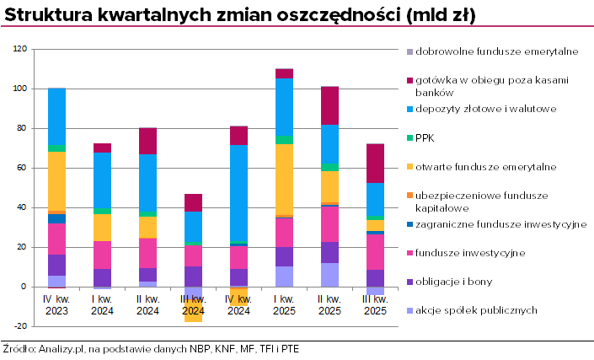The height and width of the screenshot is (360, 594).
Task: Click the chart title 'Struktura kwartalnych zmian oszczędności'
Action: click(x=240, y=16)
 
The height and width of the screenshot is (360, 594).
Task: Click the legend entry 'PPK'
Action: click(x=425, y=138)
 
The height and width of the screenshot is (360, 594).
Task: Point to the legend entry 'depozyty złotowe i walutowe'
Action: click(x=486, y=109)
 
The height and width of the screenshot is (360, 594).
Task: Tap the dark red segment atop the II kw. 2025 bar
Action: click(x=329, y=105)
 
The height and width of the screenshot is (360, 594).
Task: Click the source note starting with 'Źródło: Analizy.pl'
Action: click(x=150, y=348)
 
